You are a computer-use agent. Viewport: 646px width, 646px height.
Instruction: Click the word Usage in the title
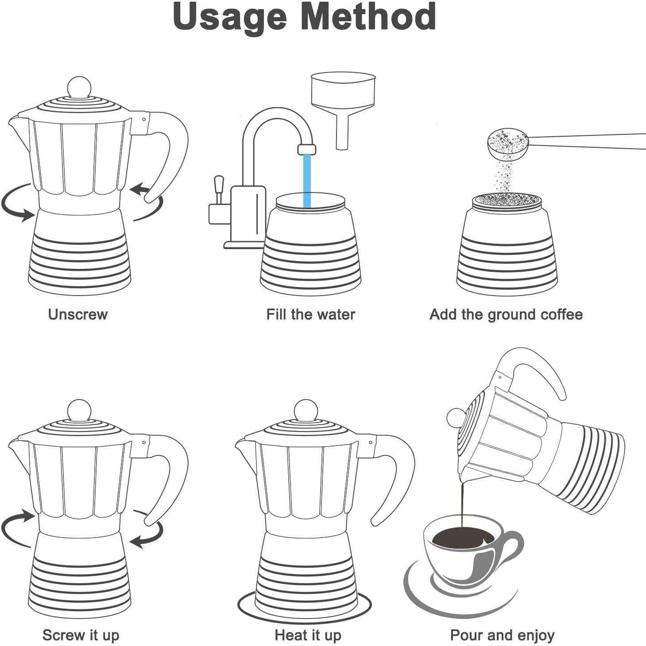pyautogui.click(x=230, y=17)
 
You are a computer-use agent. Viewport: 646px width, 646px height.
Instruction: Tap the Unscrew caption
pyautogui.click(x=77, y=315)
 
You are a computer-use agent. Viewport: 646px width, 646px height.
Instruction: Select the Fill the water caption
pyautogui.click(x=310, y=315)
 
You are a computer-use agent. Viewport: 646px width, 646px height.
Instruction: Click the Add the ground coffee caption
pyautogui.click(x=506, y=315)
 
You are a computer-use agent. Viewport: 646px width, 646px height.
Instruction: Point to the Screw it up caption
pyautogui.click(x=81, y=635)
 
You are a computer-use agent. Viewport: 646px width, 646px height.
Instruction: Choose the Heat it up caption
pyautogui.click(x=308, y=635)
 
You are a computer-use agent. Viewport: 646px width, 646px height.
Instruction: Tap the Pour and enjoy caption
pyautogui.click(x=502, y=635)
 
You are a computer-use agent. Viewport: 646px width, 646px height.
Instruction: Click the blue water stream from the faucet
pyautogui.click(x=307, y=181)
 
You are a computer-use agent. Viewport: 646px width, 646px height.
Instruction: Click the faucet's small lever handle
pyautogui.click(x=219, y=189)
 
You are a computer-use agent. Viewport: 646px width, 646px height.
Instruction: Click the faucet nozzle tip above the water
pyautogui.click(x=307, y=150)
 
